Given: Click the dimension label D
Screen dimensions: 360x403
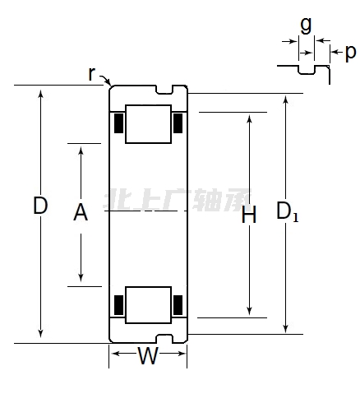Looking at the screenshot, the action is coord(40,206).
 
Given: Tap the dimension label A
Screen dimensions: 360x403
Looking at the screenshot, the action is coord(81,212).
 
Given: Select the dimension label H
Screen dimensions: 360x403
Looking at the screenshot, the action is coord(249,215).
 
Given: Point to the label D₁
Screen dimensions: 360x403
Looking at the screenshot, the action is coord(287,211).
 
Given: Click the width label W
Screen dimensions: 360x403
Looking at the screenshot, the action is coord(148,355).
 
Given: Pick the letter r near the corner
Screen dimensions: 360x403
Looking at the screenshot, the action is coord(92,73).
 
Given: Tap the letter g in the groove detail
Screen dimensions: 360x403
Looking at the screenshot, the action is coord(306,25).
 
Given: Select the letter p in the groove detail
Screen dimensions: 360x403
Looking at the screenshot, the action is coord(351,53).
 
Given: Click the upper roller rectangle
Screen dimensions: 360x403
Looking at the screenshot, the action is coord(148,124).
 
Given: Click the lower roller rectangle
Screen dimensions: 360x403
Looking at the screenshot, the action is coord(148,305).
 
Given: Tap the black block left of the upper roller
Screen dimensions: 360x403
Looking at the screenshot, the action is coord(118,123).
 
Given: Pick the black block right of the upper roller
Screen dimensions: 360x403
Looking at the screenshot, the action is coord(178,123).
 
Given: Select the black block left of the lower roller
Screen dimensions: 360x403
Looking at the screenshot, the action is coord(118,305).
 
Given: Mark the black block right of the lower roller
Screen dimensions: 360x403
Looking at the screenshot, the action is coord(178,305).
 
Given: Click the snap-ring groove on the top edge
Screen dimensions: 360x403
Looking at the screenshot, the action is coord(164,90).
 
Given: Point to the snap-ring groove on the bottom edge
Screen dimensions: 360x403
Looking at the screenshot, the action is coord(164,339).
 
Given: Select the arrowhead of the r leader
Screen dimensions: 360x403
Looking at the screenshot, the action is coord(110,85).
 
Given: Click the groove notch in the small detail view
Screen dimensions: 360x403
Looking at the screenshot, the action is coord(307,70).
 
